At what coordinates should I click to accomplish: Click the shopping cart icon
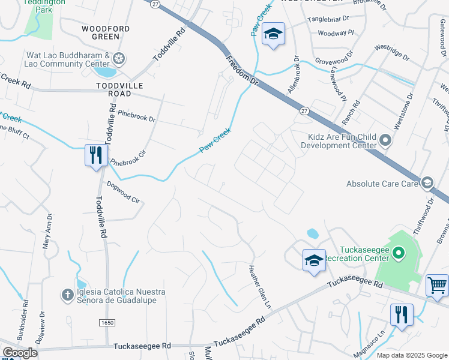coord(437,285)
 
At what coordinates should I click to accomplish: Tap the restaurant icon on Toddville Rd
coord(96,156)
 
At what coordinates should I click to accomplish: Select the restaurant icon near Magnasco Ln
coord(401,314)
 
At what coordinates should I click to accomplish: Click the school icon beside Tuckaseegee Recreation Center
coord(314,260)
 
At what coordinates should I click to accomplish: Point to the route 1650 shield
coord(107,323)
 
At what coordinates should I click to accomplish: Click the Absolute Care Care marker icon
coord(427,182)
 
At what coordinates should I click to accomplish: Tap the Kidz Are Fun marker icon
coord(385,142)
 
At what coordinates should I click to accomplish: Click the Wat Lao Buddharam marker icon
coord(119,58)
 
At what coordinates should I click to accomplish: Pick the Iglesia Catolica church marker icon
coord(68,295)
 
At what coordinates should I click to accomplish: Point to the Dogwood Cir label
coord(123,193)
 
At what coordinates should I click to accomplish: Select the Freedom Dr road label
coord(241,71)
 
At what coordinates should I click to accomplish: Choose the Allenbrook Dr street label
coord(294,75)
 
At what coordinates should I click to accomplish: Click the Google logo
coord(20,353)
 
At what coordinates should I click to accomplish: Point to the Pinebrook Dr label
coord(137,115)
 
